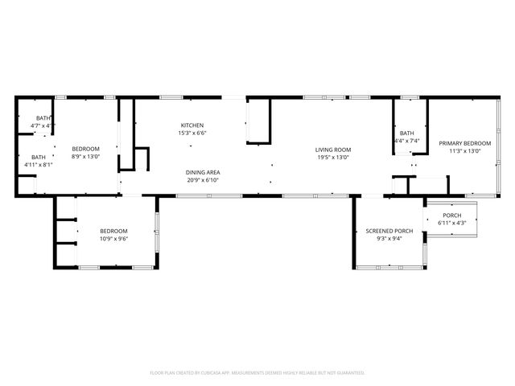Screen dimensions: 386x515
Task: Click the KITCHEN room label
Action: pos(192,125)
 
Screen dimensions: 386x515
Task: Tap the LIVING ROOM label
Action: pos(332,150)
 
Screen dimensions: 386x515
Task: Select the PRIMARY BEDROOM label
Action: pos(464,143)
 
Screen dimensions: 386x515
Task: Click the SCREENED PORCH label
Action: pos(389,232)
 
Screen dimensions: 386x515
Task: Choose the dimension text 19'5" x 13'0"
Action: pos(332,158)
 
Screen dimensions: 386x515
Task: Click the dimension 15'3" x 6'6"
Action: pos(192,133)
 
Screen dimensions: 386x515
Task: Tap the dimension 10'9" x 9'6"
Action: pos(113,239)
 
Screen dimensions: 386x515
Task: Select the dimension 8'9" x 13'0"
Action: pos(85,157)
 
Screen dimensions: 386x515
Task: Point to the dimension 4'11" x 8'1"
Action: pos(39,165)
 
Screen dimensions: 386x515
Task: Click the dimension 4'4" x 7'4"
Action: pos(406,141)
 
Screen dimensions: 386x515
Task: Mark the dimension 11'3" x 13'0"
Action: pos(464,151)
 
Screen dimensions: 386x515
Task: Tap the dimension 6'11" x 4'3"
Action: pos(452,223)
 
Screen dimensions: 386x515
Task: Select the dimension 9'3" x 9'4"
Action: pos(389,239)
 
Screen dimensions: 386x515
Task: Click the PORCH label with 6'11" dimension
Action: pos(452,215)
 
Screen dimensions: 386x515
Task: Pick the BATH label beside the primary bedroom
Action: pos(406,133)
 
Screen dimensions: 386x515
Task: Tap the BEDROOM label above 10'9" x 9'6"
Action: pos(113,231)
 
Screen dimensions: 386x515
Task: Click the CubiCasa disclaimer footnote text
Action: pos(257,372)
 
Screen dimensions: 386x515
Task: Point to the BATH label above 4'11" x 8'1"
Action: pos(39,157)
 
